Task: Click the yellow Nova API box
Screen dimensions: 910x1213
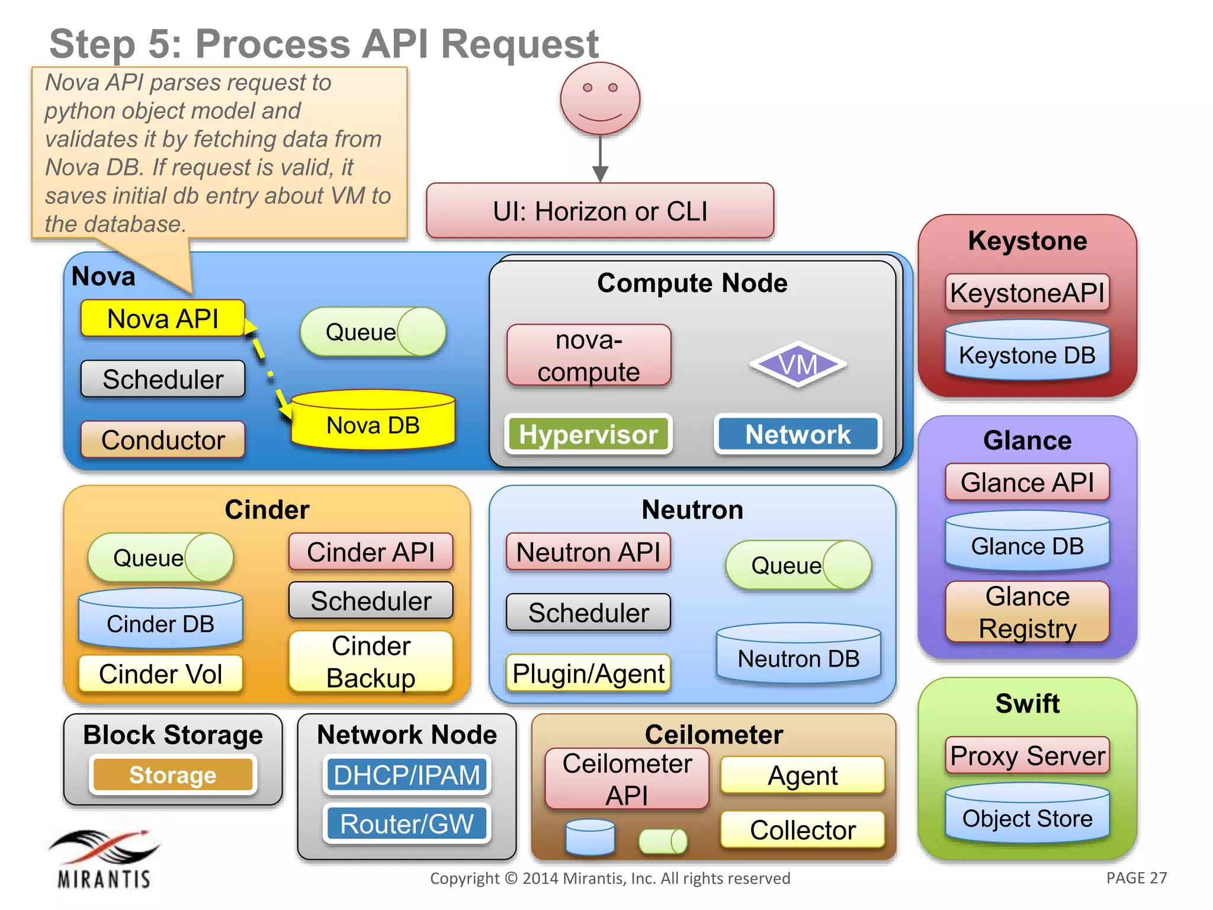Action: [162, 319]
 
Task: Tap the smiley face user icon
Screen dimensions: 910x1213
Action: [600, 98]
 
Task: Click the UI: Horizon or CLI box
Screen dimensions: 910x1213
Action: [600, 211]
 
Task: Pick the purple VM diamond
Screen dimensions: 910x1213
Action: [798, 364]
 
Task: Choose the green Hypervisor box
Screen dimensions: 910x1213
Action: [588, 434]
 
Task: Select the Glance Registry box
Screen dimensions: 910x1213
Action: [1027, 612]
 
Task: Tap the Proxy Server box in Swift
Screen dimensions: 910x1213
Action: [1027, 755]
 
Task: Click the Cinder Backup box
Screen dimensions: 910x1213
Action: [371, 662]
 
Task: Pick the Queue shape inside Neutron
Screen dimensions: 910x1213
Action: [798, 565]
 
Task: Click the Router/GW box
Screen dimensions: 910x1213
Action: [407, 824]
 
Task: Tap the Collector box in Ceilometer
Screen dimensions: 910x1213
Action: [803, 829]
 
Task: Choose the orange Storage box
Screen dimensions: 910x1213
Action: [172, 774]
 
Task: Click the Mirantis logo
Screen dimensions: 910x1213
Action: [104, 859]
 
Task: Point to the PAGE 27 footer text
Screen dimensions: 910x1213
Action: [1136, 878]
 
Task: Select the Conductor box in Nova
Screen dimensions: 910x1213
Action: [163, 440]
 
